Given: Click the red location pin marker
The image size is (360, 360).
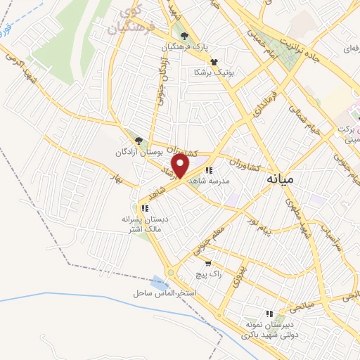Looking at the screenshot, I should coord(181,166).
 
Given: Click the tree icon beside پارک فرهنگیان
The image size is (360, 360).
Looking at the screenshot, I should coord(185,37).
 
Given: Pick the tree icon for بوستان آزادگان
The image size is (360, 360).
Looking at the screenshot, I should coord(139,141).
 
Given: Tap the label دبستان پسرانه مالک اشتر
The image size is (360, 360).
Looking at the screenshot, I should coord(144,224).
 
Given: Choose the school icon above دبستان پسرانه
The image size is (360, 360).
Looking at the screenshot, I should coord(144,208).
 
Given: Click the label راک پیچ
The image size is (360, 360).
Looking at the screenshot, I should coord(210,275).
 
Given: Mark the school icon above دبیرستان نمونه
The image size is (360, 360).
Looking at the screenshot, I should coord(268,314).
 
